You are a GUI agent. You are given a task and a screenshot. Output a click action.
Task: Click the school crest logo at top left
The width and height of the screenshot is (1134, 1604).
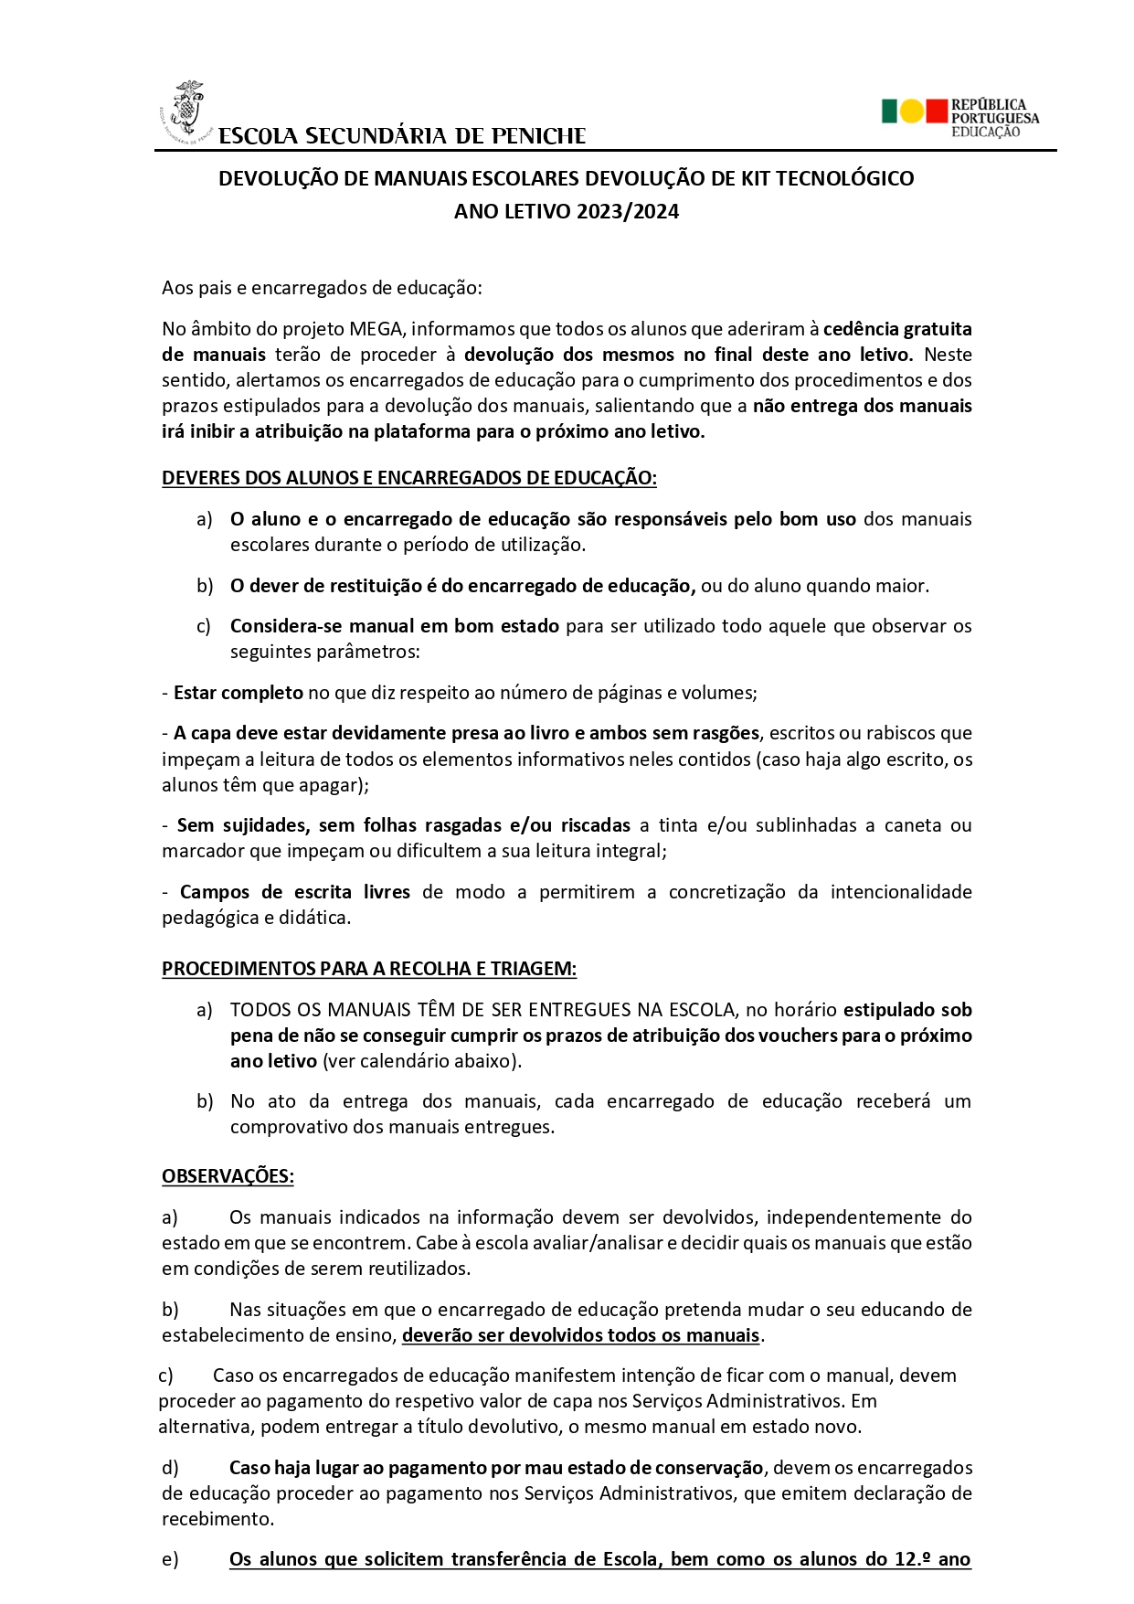186,112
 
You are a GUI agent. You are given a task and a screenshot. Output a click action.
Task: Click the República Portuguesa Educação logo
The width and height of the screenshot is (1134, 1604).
959,117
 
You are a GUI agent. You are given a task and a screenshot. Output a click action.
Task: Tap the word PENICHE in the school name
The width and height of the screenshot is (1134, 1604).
538,136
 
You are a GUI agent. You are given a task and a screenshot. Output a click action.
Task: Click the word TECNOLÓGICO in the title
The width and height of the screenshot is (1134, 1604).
844,178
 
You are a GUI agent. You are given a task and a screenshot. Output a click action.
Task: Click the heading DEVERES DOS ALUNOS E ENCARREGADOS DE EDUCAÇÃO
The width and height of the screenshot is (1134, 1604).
408,478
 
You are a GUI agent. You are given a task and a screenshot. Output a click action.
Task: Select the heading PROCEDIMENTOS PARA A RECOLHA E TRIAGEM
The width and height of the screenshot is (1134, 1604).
369,969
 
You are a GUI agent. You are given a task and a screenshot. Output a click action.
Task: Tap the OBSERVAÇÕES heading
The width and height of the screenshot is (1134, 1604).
228,1176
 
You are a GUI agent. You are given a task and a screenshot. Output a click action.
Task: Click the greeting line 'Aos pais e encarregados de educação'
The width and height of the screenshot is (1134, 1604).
321,288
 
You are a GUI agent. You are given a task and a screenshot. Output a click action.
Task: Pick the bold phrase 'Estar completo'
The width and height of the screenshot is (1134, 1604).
238,693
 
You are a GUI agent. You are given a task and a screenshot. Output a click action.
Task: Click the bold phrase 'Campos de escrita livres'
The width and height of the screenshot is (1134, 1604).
294,892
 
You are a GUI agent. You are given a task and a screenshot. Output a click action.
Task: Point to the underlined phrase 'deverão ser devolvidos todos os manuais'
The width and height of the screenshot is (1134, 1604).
580,1335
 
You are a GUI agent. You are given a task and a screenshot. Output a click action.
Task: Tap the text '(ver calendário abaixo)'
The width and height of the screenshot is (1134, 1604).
422,1061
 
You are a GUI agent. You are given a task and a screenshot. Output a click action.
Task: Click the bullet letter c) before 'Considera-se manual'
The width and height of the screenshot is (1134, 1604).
204,626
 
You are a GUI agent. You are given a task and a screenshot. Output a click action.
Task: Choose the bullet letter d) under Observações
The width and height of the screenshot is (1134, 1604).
170,1468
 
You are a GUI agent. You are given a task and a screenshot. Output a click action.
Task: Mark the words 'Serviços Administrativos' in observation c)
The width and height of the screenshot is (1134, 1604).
738,1401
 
